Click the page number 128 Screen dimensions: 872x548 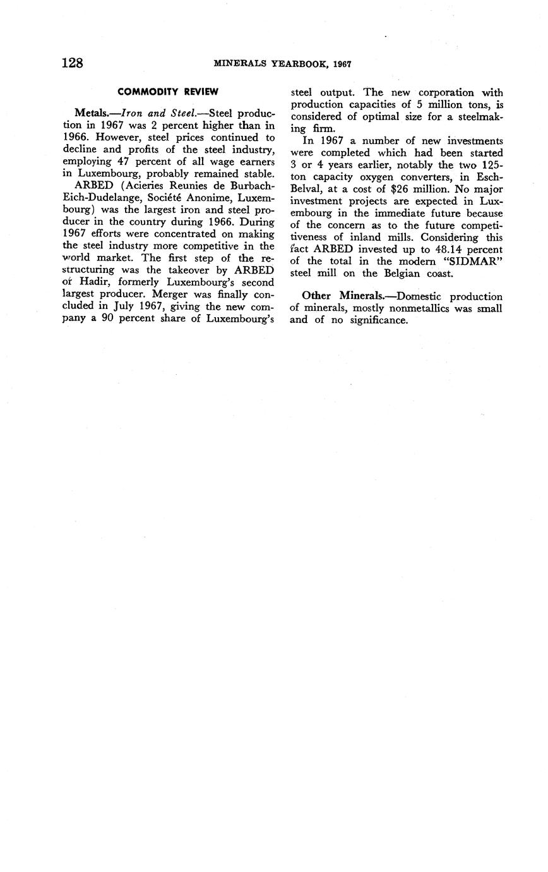pos(73,63)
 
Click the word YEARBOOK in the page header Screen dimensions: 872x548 pos(292,64)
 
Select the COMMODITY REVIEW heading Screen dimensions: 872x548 pos(168,92)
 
